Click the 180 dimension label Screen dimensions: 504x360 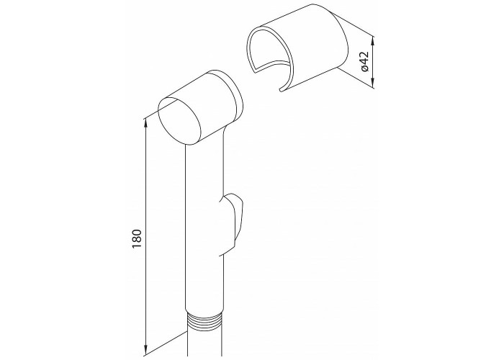[x=137, y=238]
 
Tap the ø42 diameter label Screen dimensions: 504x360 [x=364, y=62]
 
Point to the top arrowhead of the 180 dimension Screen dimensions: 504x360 [x=146, y=123]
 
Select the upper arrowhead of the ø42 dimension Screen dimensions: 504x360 [x=373, y=41]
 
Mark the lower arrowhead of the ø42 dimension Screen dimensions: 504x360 [x=373, y=83]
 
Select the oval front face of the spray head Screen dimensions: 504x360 [x=179, y=121]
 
